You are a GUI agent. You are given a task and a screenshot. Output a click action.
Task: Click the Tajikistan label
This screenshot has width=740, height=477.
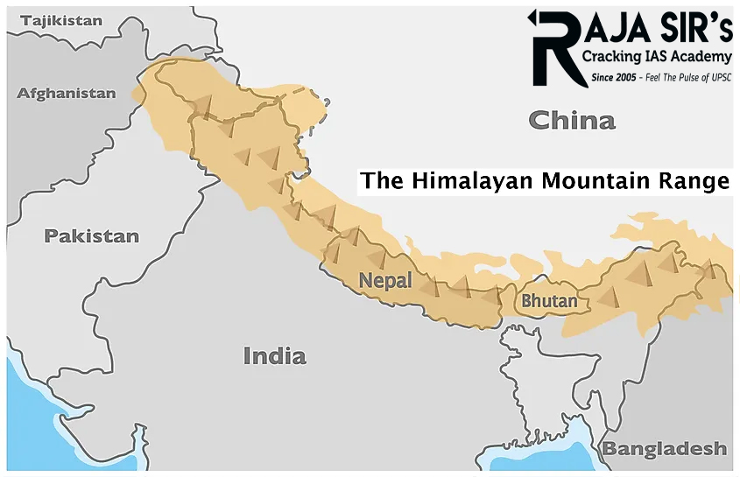click(60, 20)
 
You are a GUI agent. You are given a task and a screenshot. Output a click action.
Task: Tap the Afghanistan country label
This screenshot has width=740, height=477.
click(67, 93)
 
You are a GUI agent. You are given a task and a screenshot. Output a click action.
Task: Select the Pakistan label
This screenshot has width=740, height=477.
click(92, 235)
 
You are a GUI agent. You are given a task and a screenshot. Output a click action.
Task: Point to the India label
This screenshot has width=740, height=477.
click(274, 355)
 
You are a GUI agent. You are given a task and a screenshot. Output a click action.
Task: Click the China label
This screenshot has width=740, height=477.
click(572, 120)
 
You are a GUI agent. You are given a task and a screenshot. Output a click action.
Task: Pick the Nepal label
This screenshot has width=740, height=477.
click(385, 280)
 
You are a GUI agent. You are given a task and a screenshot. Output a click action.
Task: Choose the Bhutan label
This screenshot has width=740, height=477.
click(549, 301)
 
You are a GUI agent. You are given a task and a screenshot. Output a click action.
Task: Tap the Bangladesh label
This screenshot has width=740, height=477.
click(665, 449)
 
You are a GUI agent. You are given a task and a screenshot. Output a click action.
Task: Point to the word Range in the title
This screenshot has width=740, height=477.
click(698, 182)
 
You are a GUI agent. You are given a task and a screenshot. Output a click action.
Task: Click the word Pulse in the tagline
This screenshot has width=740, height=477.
click(680, 77)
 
